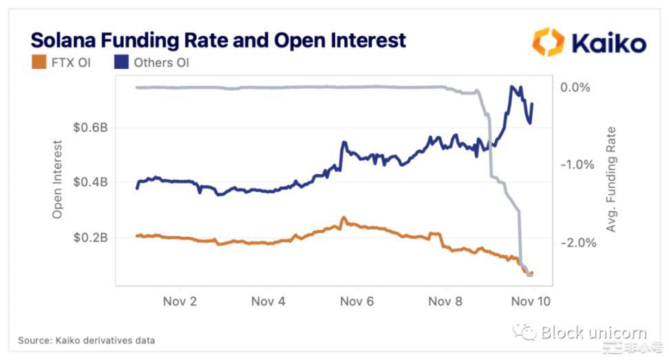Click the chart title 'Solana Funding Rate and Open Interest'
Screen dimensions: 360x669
(218, 40)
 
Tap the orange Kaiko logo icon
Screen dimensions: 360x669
(548, 42)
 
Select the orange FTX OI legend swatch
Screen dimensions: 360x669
(38, 63)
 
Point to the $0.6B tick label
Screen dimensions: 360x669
(90, 127)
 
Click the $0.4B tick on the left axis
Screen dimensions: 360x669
(90, 182)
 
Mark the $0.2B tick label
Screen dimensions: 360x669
(90, 237)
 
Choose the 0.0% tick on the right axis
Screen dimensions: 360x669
(577, 87)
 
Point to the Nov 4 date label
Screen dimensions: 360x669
(268, 301)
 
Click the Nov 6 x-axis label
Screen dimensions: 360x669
(357, 301)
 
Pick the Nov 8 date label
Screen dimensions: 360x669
(445, 301)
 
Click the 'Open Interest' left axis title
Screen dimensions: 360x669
(58, 180)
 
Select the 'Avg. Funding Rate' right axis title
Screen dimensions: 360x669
(611, 178)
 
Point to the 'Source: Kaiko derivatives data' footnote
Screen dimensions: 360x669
(86, 340)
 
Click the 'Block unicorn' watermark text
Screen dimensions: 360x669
(591, 333)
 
